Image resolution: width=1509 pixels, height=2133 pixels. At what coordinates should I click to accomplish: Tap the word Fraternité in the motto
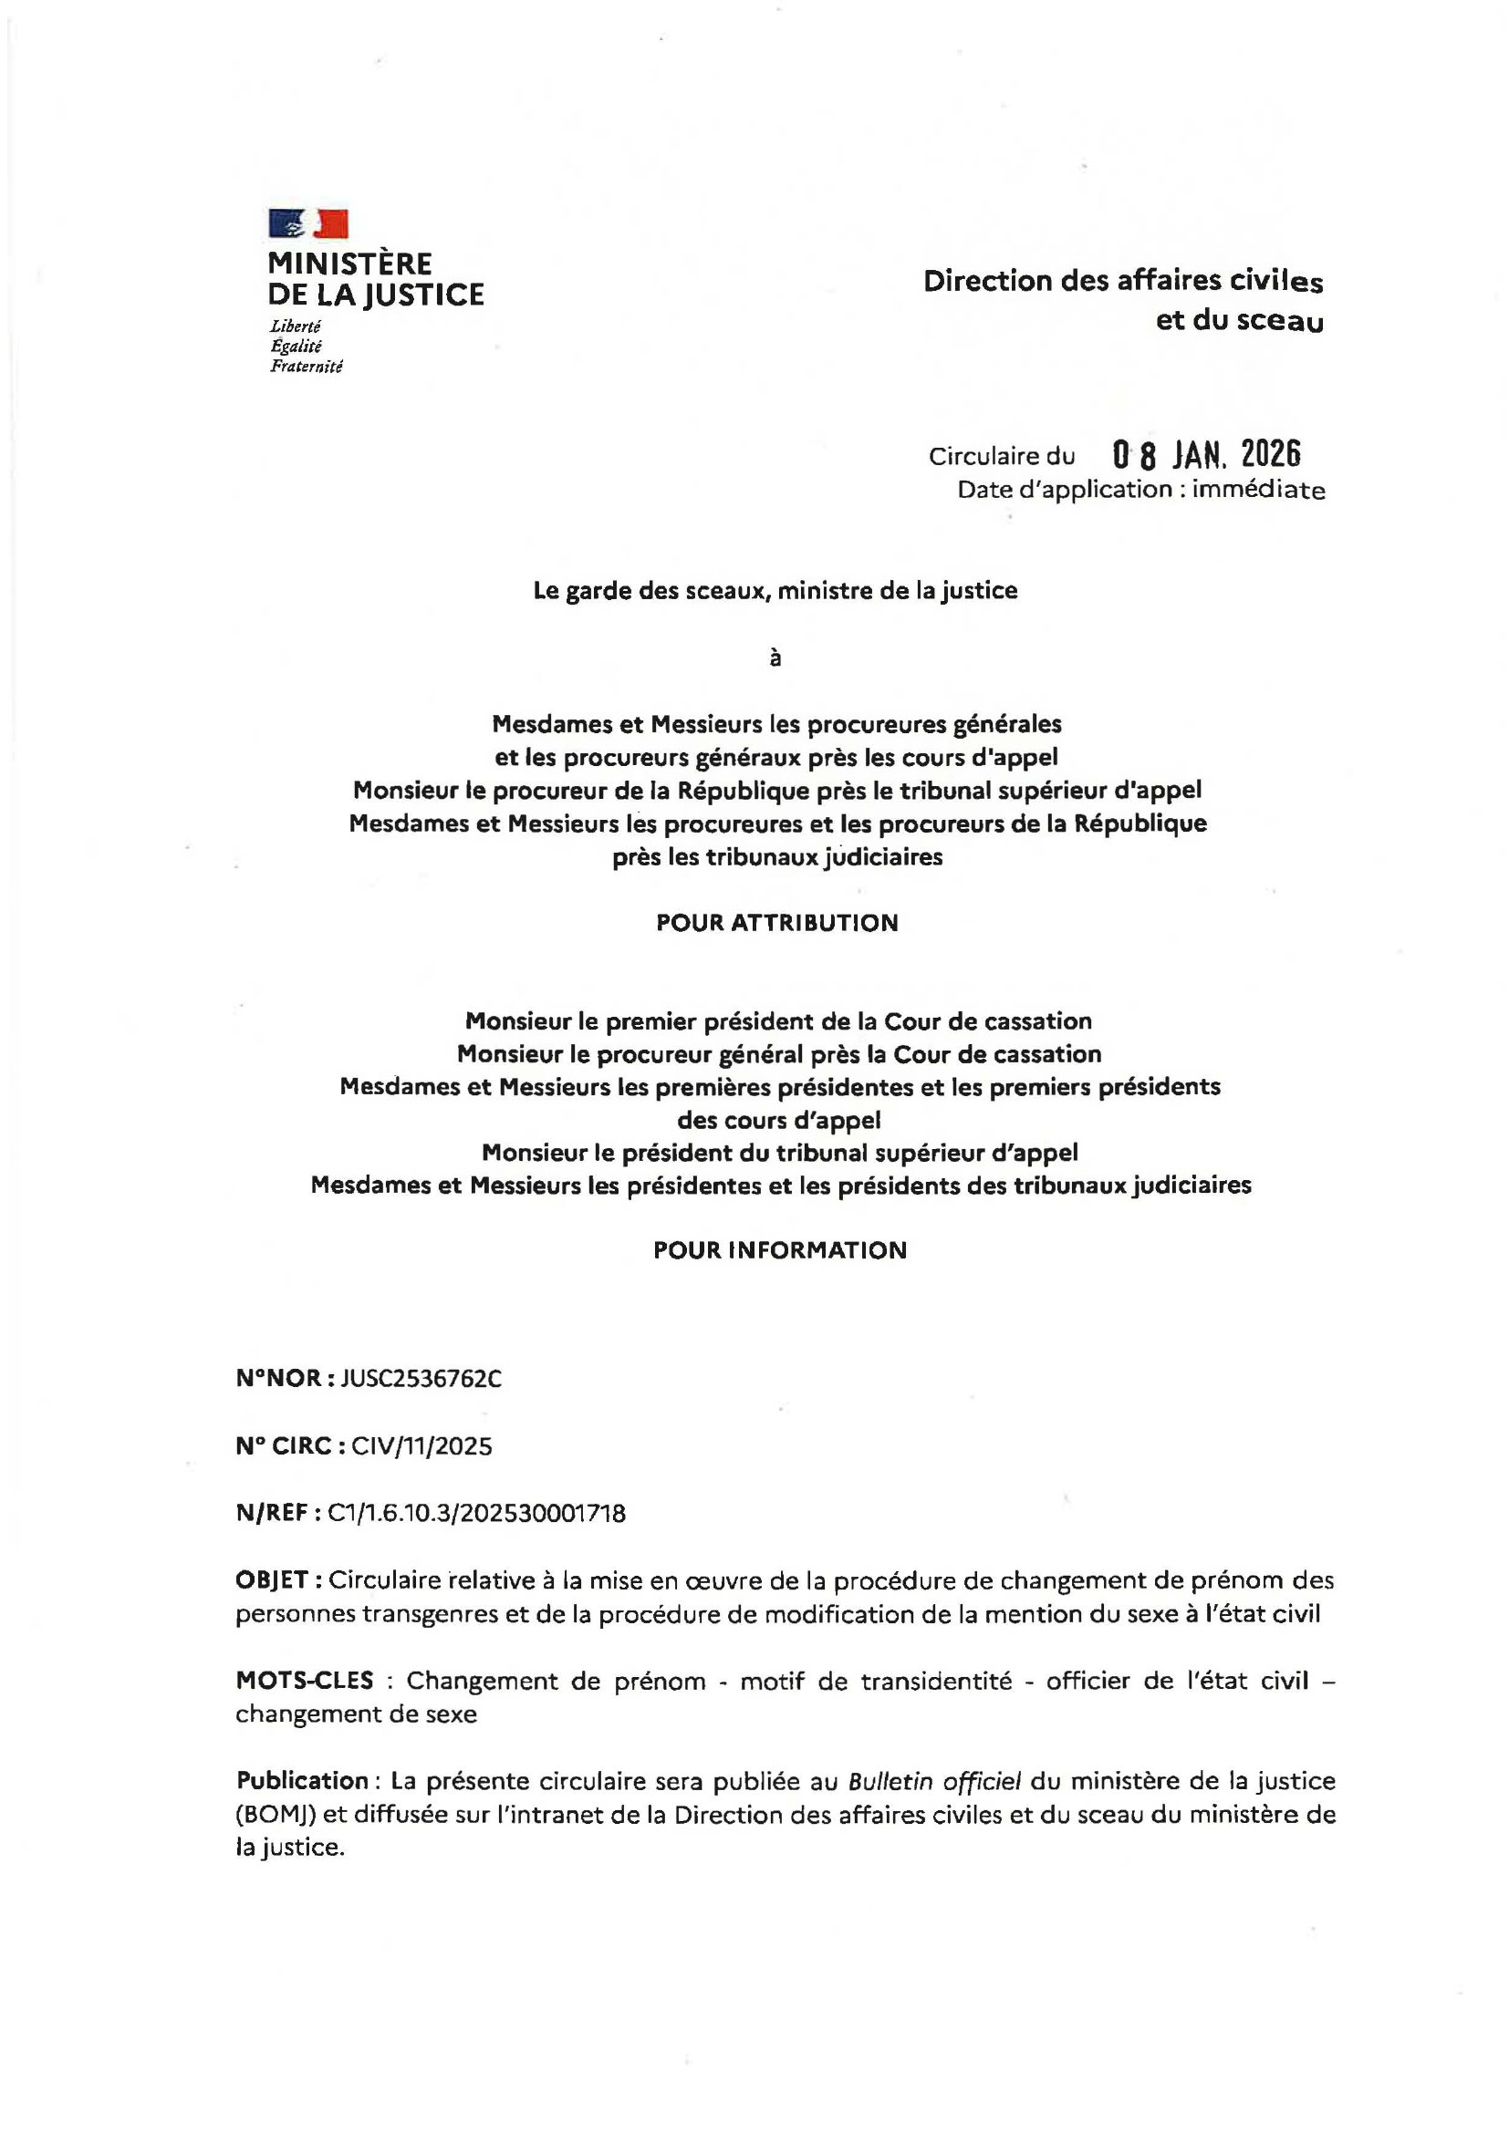click(306, 367)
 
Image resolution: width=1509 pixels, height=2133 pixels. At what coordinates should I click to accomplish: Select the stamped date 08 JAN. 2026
click(1206, 455)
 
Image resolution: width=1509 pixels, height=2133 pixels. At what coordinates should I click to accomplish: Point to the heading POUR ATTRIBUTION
click(776, 923)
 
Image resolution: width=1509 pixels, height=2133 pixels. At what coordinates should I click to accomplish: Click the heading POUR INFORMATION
click(779, 1249)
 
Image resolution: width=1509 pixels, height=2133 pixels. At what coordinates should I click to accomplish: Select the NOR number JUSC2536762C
click(421, 1378)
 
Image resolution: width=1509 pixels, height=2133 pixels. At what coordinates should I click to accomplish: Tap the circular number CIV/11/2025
click(421, 1445)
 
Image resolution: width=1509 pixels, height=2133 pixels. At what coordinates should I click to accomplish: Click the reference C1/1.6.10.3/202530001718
click(476, 1514)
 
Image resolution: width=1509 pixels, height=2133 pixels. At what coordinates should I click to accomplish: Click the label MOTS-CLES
click(305, 1680)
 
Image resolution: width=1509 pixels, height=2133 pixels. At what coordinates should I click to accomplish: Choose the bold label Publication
click(302, 1781)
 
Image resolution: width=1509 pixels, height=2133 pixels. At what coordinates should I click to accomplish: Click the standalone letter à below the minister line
click(775, 658)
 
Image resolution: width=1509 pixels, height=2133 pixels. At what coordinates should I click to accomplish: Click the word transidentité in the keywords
click(936, 1681)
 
